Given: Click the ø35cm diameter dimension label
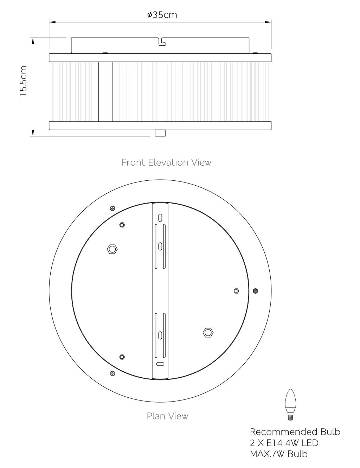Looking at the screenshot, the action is (x=162, y=15).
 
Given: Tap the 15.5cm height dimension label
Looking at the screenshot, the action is (x=23, y=81).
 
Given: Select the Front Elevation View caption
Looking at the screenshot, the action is (x=166, y=162).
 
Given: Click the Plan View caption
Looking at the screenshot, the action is (x=167, y=416).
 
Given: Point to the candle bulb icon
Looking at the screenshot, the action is (x=290, y=405).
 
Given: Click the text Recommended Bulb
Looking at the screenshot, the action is (x=295, y=432).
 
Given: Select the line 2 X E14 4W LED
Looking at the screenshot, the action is (x=284, y=443).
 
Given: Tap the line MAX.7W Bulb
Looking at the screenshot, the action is (x=278, y=454).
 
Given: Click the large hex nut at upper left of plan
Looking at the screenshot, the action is (x=112, y=249).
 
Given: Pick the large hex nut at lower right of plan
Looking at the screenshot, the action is (x=208, y=333).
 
